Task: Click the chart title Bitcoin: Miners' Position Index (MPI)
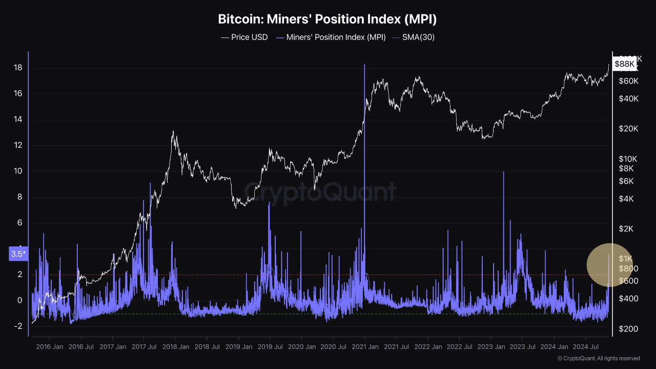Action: [327, 20]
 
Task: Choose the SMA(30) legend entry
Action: [413, 37]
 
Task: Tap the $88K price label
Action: [625, 64]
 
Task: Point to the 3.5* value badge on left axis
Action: [18, 254]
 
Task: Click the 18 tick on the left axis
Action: [17, 68]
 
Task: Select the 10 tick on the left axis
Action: [17, 171]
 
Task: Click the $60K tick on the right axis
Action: [628, 81]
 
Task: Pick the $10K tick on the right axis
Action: [628, 159]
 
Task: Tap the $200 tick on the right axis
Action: [628, 328]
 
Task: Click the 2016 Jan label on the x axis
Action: [49, 347]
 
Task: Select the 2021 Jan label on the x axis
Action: [364, 347]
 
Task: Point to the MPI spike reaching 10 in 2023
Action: [503, 172]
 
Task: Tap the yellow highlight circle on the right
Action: [610, 265]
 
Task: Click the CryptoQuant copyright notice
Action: [598, 358]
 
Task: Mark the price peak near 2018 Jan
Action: [173, 131]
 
